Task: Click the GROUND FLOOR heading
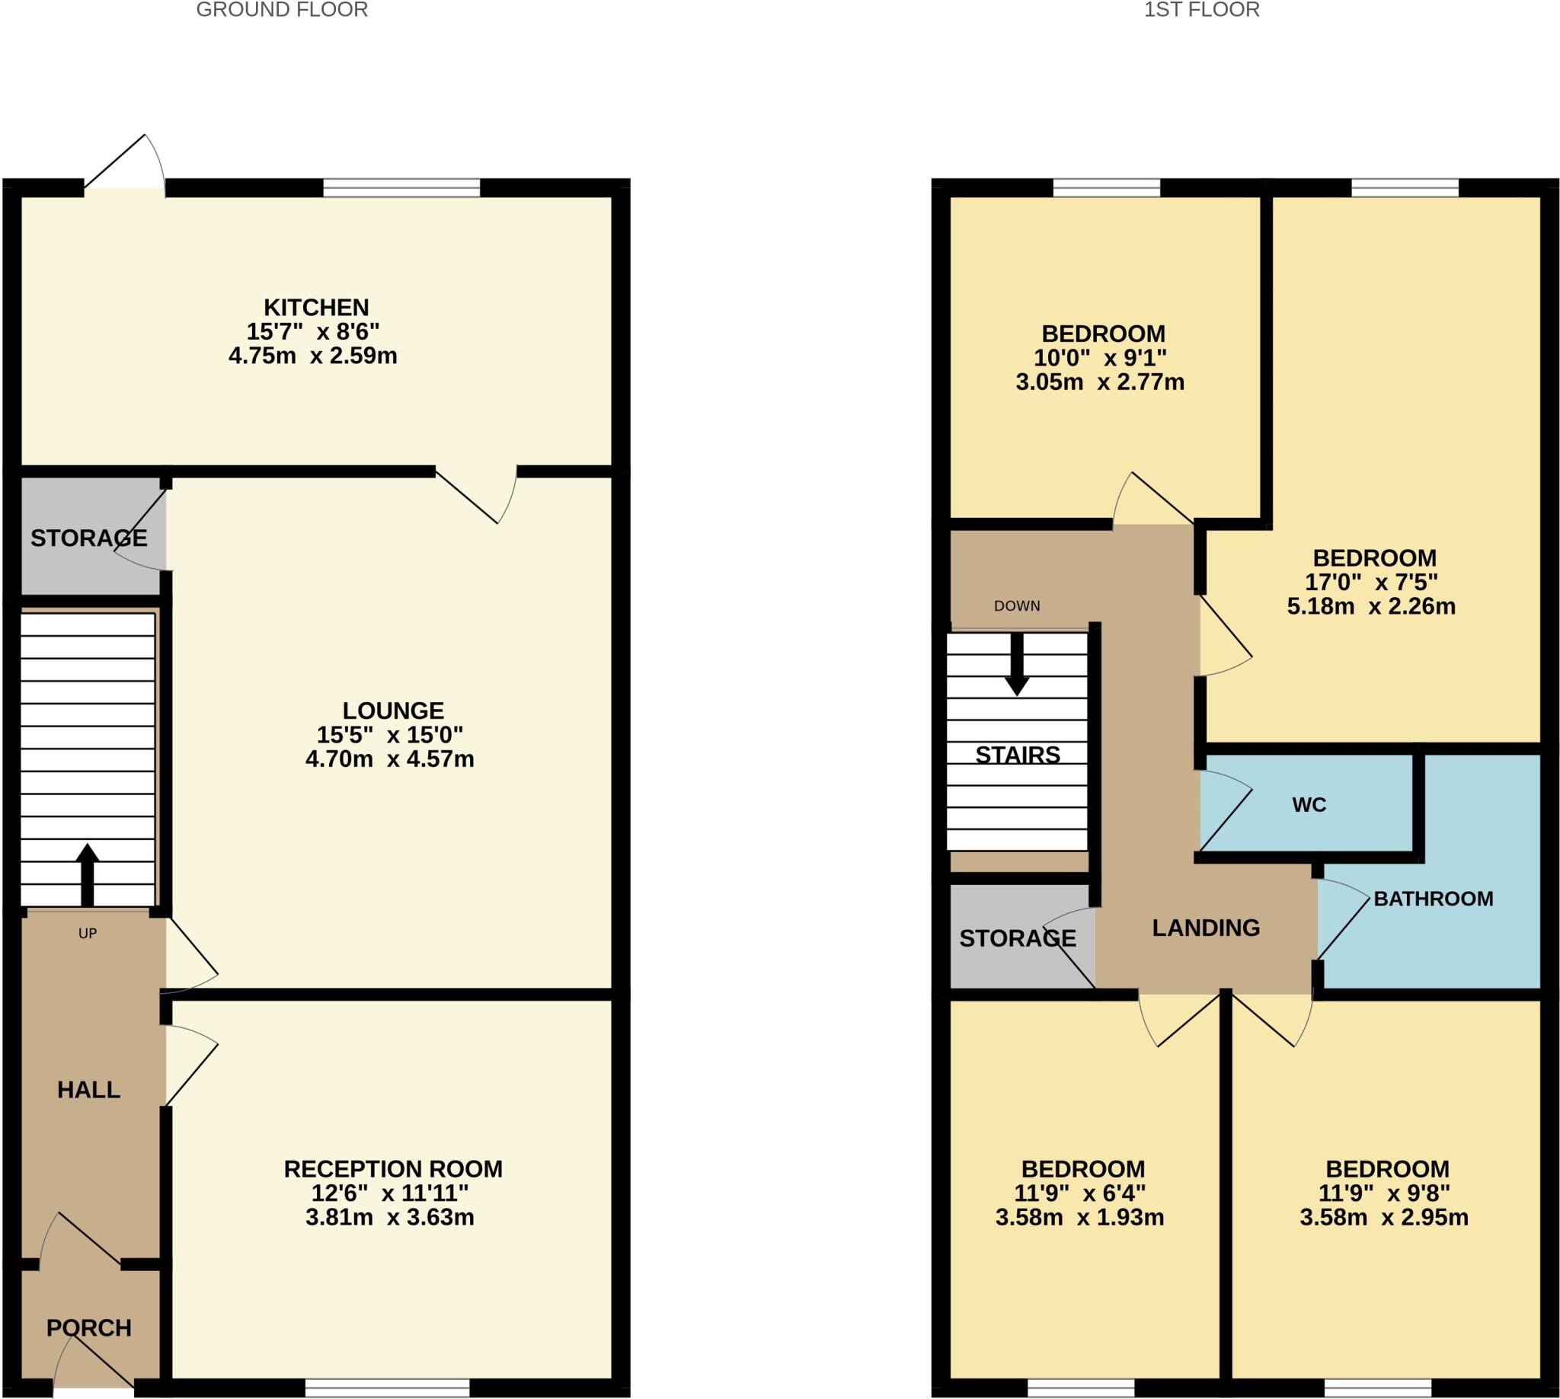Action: point(281,10)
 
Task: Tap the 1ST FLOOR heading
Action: point(1201,10)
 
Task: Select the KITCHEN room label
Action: point(316,308)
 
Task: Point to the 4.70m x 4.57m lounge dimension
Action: point(390,759)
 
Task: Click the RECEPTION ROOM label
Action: point(393,1169)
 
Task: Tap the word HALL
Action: point(88,1090)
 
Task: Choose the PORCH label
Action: point(88,1328)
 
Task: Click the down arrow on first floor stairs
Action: point(1016,666)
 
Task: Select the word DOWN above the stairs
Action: point(1016,605)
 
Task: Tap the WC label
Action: point(1309,805)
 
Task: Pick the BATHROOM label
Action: point(1433,899)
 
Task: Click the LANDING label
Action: point(1206,928)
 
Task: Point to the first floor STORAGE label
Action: point(1017,937)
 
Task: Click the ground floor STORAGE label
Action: point(88,538)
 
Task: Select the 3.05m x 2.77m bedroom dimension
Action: point(1099,382)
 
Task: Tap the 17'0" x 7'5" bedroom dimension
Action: point(1371,582)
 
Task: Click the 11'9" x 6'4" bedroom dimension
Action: point(1079,1193)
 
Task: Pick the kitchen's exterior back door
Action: point(123,165)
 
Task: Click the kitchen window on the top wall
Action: point(401,187)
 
